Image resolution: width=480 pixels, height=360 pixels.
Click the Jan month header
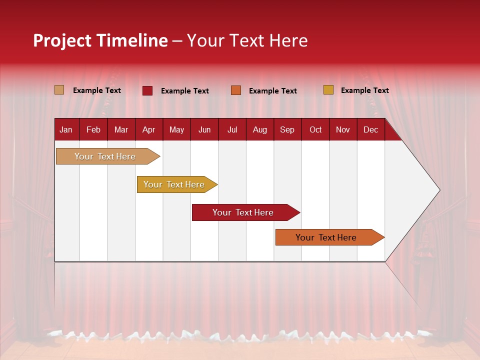[x=66, y=130]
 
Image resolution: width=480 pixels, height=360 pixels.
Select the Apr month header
[x=148, y=130]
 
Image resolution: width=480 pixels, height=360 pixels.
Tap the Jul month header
[x=232, y=130]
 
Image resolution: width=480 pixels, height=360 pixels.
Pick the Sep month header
[x=287, y=130]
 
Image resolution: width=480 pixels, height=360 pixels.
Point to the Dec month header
[x=370, y=130]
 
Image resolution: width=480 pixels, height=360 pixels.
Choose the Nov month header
[x=342, y=130]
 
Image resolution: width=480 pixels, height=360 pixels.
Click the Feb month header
[x=93, y=130]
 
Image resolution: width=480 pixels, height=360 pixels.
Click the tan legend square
[x=59, y=90]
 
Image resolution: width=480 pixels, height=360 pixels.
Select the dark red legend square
[x=147, y=90]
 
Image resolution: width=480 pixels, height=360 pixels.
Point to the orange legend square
[x=236, y=90]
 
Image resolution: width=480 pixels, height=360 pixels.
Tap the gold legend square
[x=328, y=90]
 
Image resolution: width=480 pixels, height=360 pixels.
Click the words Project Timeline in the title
[x=100, y=40]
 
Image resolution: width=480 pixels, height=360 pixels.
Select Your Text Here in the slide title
[x=247, y=40]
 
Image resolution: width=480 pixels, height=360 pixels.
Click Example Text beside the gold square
[x=364, y=90]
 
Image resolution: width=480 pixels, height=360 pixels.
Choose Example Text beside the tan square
[x=97, y=90]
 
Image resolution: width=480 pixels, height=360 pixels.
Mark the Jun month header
[x=204, y=130]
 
